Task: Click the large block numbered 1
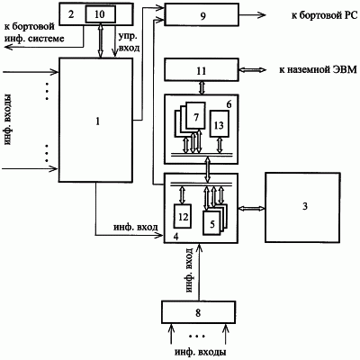95,120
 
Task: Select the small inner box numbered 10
100,14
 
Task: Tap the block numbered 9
202,14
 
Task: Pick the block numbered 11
202,70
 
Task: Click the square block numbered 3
302,207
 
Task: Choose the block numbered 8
198,312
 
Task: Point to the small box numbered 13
220,123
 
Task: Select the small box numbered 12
183,216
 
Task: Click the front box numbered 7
195,116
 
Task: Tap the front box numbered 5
212,222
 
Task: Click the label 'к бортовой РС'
324,15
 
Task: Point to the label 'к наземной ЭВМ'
318,70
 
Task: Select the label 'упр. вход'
129,43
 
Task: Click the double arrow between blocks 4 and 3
251,208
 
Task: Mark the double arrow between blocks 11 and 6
202,88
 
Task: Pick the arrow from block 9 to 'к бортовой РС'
253,14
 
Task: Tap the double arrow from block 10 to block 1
100,40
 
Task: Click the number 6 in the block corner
229,104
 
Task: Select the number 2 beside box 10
71,14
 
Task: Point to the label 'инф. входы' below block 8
201,351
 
